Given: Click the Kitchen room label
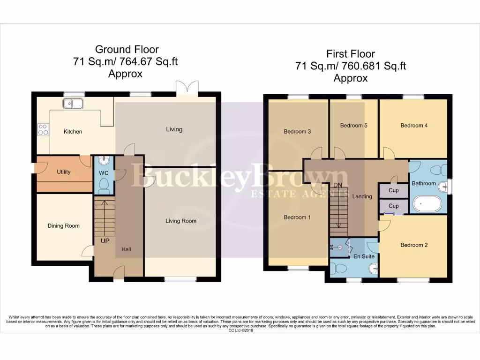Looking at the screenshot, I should [73, 132].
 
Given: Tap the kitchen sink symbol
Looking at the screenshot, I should [73, 103].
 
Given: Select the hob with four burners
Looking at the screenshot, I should [43, 129].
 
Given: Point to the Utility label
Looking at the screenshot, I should [64, 172].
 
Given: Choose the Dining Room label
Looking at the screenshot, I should [64, 226].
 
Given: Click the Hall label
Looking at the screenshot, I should [126, 249].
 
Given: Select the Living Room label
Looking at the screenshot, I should [181, 221].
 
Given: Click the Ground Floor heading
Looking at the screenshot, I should [127, 49].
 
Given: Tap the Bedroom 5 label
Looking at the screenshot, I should [353, 126].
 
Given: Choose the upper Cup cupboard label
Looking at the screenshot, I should [394, 191].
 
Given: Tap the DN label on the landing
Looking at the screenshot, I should [338, 185].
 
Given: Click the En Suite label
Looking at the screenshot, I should [364, 257].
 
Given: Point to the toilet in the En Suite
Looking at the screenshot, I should [338, 268].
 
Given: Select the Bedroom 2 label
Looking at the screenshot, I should [414, 245].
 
